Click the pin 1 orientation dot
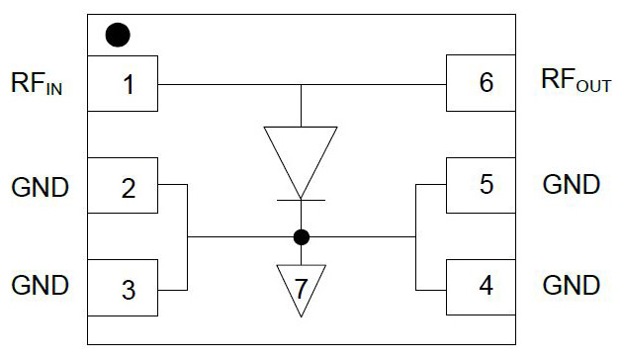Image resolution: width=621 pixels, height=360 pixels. (118, 35)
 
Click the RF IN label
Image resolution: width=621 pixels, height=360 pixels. (37, 83)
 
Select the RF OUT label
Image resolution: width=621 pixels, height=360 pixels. (577, 80)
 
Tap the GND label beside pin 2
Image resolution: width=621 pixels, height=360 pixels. (40, 187)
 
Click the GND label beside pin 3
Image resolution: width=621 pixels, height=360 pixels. (40, 285)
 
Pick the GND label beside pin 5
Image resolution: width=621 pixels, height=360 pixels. (572, 185)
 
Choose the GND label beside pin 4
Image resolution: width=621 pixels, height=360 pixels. (572, 285)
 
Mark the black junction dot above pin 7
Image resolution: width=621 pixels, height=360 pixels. (302, 237)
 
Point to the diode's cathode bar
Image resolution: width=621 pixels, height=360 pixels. (301, 200)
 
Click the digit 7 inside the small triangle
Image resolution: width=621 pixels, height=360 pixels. (302, 289)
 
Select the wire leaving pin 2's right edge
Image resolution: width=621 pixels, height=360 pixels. (172, 184)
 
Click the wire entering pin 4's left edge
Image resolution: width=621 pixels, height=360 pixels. (431, 291)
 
